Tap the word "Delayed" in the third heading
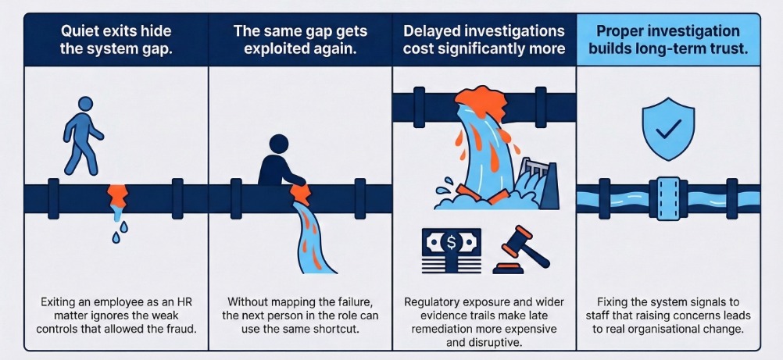(437, 32)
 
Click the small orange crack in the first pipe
(116, 192)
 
